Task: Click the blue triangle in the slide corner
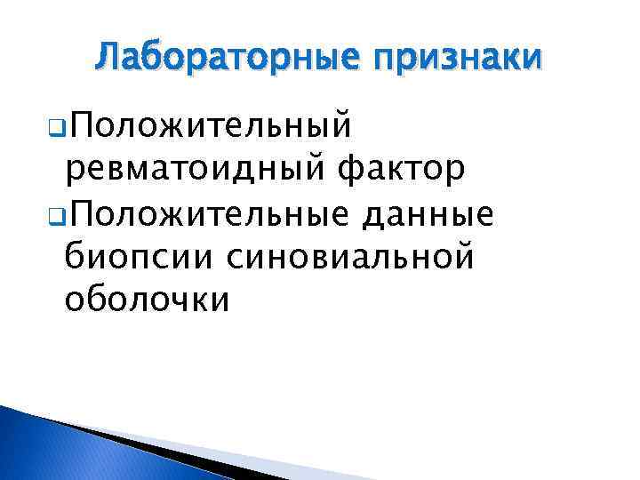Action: (x=53, y=449)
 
